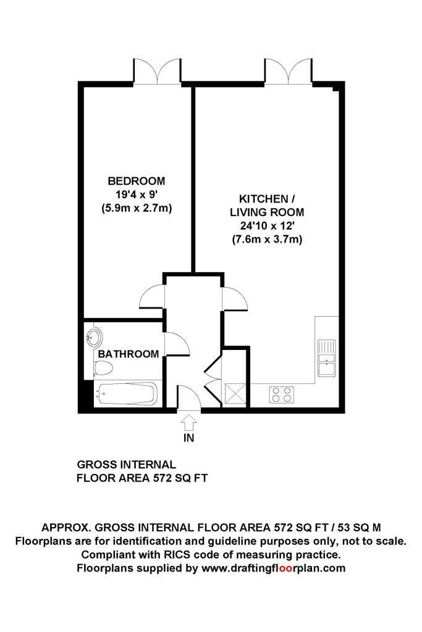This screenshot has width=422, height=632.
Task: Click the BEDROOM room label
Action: (x=137, y=181)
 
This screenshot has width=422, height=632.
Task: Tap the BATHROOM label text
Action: (x=129, y=354)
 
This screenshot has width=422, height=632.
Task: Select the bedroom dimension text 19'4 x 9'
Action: (x=137, y=194)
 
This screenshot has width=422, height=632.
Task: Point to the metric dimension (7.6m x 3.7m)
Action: (x=267, y=239)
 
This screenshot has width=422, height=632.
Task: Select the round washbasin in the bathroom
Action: (x=95, y=338)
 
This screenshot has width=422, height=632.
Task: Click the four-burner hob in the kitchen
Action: (x=282, y=394)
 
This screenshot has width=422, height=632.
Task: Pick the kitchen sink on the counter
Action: (x=326, y=358)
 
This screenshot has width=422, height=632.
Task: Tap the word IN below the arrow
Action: (x=189, y=439)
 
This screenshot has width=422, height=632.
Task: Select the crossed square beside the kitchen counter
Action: (x=235, y=394)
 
